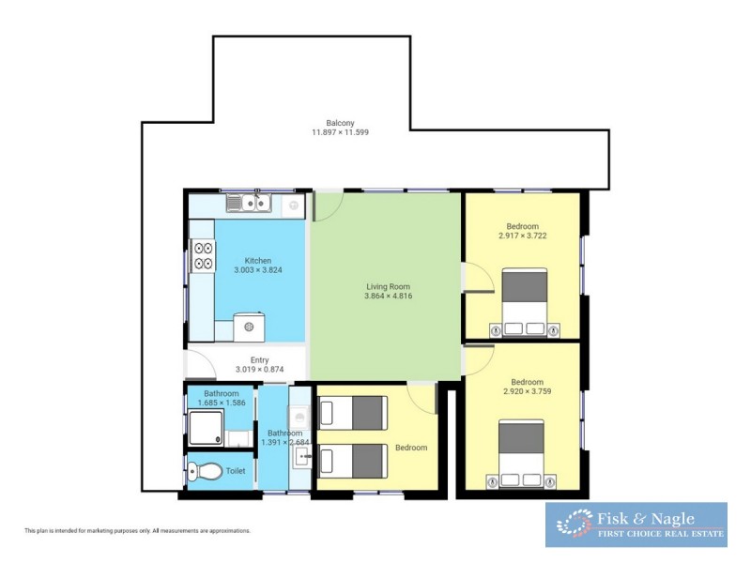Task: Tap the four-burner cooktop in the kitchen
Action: tap(203, 256)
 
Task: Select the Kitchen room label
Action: tap(258, 261)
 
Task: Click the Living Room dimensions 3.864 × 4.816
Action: tap(389, 297)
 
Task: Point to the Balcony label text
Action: tap(340, 123)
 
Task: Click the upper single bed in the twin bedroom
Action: tap(353, 412)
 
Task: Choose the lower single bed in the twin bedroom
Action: tap(353, 459)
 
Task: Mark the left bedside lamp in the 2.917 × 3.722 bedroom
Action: tap(496, 329)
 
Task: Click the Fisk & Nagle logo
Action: tap(636, 525)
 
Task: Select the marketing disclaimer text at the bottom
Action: tap(137, 530)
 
